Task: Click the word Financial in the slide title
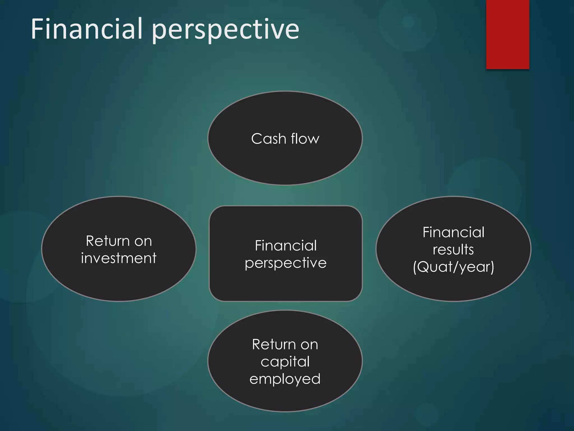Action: tap(87, 29)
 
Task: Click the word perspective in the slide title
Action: tap(226, 30)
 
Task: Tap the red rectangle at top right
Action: tap(508, 34)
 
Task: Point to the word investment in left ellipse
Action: tap(119, 258)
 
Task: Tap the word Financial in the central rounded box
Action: tap(286, 246)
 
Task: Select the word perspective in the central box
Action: tap(286, 263)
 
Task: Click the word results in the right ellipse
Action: tap(453, 249)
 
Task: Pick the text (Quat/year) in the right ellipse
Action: tap(453, 267)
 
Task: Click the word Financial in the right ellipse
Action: tap(453, 232)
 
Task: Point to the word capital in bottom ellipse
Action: tap(285, 361)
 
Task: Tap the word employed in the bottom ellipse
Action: tap(285, 379)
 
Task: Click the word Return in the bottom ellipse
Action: tap(274, 344)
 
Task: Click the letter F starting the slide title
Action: tap(38, 29)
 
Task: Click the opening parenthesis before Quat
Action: tap(415, 267)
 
